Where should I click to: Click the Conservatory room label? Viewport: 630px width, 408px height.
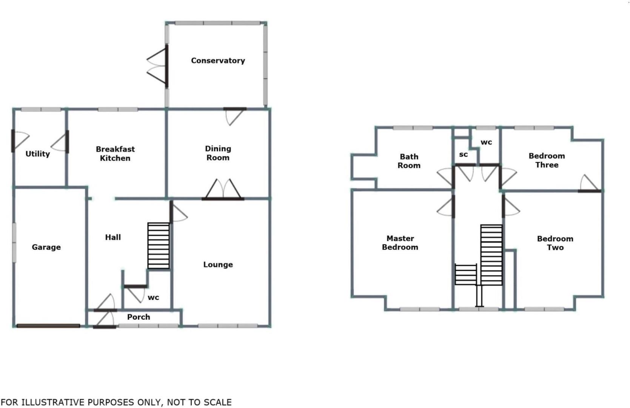(218, 60)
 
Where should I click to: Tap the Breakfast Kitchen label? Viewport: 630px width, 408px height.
(115, 154)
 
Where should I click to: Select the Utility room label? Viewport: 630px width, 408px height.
(37, 154)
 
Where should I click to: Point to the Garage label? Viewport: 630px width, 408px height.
(46, 247)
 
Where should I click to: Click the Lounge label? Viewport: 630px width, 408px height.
(218, 264)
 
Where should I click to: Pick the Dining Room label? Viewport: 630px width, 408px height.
(218, 153)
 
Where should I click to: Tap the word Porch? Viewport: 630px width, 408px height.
(139, 317)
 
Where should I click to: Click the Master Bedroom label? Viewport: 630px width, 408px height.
(400, 243)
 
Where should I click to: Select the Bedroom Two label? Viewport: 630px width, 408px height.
(555, 243)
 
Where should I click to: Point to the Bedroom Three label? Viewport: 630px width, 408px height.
(547, 160)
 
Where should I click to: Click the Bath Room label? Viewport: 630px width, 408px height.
(409, 161)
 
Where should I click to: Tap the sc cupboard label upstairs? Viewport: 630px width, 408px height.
(463, 155)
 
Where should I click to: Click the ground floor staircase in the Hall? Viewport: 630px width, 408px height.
(159, 246)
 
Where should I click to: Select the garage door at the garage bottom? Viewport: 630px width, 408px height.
(48, 326)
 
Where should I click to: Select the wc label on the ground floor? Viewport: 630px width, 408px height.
(153, 298)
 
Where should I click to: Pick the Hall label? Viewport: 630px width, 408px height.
(113, 237)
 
